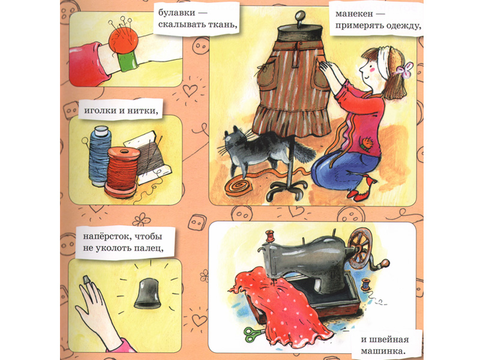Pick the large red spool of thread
pyautogui.click(x=122, y=172)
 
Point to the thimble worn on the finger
pyautogui.click(x=86, y=280)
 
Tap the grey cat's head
pyautogui.click(x=236, y=140)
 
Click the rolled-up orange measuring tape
pyautogui.click(x=238, y=187)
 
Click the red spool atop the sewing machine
pyautogui.click(x=269, y=236)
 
